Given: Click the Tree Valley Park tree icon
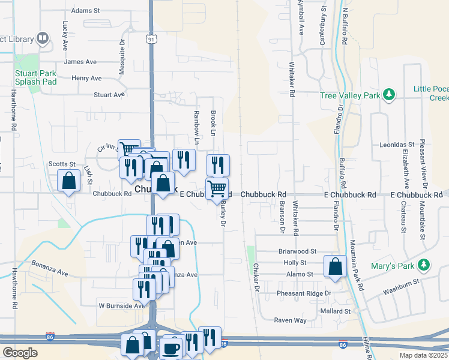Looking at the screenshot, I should pos(390,95).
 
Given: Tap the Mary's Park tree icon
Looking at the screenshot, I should pos(424,265).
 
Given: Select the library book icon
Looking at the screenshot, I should pos(43,40).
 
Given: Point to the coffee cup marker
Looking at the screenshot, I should pos(170,348).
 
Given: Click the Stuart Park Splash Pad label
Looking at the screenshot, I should pos(35,78).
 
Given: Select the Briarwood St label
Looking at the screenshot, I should pos(297,251).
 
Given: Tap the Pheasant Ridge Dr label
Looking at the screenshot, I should pos(304,293).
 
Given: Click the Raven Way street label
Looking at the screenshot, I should pos(291,320).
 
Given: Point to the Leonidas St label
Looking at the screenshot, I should pos(397,145).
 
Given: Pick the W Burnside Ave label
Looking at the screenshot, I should pos(122,305).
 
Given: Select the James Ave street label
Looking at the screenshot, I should pos(80,62).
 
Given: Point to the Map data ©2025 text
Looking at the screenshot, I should pos(424,355).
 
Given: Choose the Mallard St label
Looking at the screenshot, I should pos(335,311).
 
